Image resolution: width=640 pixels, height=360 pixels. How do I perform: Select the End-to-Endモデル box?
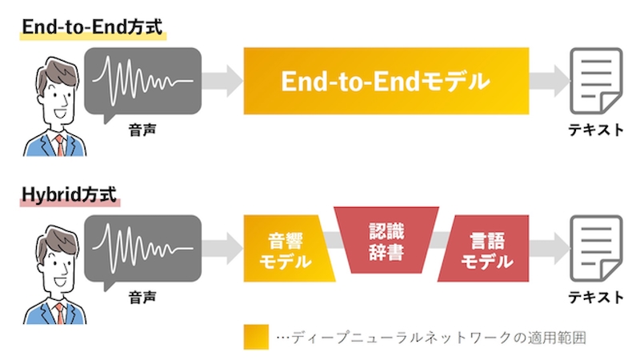[386, 82]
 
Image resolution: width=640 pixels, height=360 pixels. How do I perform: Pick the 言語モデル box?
[487, 250]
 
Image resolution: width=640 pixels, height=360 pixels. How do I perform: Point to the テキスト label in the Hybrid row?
[596, 297]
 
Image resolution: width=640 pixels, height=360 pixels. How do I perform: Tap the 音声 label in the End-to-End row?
[142, 128]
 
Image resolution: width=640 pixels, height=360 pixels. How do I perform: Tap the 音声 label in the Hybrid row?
[142, 297]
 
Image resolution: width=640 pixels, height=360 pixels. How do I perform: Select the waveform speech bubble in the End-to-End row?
[142, 81]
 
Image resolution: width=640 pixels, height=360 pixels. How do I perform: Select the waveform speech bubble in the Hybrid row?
[142, 248]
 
